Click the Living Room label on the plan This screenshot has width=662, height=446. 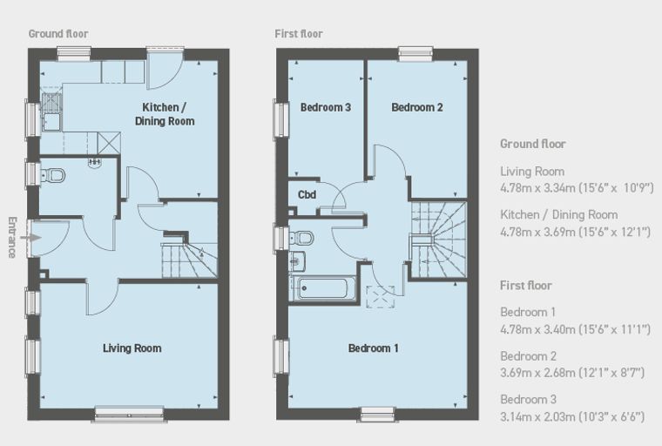coord(132,348)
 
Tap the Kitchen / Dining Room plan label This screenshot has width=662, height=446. coord(165,114)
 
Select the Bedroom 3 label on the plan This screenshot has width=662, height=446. coord(326,107)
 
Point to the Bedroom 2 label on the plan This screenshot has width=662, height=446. coord(417,107)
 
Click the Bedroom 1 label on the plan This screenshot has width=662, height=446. coord(373,348)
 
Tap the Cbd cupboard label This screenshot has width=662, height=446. coord(307,195)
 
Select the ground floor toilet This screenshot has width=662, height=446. coord(53,175)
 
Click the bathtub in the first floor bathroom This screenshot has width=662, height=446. coord(323,288)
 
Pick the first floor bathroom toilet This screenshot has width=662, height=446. coord(301,238)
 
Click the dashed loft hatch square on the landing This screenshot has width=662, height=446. coord(381,297)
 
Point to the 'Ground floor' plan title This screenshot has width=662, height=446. coord(58,34)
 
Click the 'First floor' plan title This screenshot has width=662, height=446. coord(299,34)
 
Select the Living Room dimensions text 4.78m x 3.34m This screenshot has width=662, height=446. coord(537,187)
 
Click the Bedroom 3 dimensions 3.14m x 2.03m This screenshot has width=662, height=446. coord(537,417)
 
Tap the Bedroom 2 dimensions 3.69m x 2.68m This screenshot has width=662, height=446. coord(537,373)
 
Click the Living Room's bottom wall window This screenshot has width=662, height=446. coord(129,414)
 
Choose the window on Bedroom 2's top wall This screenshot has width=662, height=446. coord(416,54)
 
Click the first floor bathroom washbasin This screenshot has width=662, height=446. coord(297,260)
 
